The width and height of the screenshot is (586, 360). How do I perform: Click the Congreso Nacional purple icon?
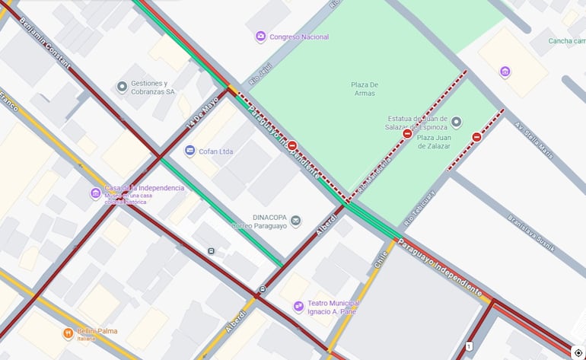click(260, 37)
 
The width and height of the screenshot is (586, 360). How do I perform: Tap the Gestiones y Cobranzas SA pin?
click(122, 88)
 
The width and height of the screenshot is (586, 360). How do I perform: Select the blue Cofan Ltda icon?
click(190, 151)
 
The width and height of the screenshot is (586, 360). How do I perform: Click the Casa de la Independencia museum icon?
click(95, 193)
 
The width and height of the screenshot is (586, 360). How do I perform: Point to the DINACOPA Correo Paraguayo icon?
click(295, 221)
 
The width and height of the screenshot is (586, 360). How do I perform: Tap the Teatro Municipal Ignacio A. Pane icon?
click(298, 306)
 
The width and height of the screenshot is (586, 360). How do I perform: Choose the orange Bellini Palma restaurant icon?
click(68, 332)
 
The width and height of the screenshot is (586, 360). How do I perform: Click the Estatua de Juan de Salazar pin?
click(456, 122)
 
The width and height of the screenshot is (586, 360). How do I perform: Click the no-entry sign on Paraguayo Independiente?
click(291, 145)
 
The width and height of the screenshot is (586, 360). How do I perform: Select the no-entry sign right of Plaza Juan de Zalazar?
click(476, 138)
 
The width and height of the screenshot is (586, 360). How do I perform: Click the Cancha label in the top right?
click(567, 41)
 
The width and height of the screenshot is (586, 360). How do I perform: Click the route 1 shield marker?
click(470, 346)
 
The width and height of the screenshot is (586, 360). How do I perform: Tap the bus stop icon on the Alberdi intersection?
click(262, 288)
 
